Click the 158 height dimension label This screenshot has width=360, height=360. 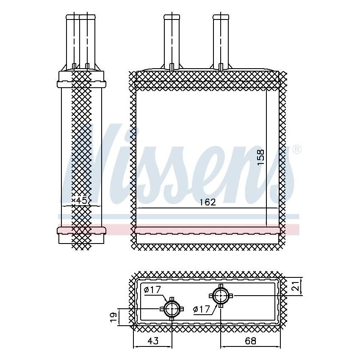coord(261,157)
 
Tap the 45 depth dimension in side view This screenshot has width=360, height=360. coord(82,200)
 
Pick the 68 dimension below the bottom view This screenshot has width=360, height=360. coord(251,340)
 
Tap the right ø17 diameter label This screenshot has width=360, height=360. coord(201,309)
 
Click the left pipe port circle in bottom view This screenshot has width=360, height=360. coord(172,309)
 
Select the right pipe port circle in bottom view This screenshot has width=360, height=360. coord(221,295)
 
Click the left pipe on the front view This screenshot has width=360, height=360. coord(172,40)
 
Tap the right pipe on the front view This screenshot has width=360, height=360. coord(221,40)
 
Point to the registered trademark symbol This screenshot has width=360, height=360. coord(297,150)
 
